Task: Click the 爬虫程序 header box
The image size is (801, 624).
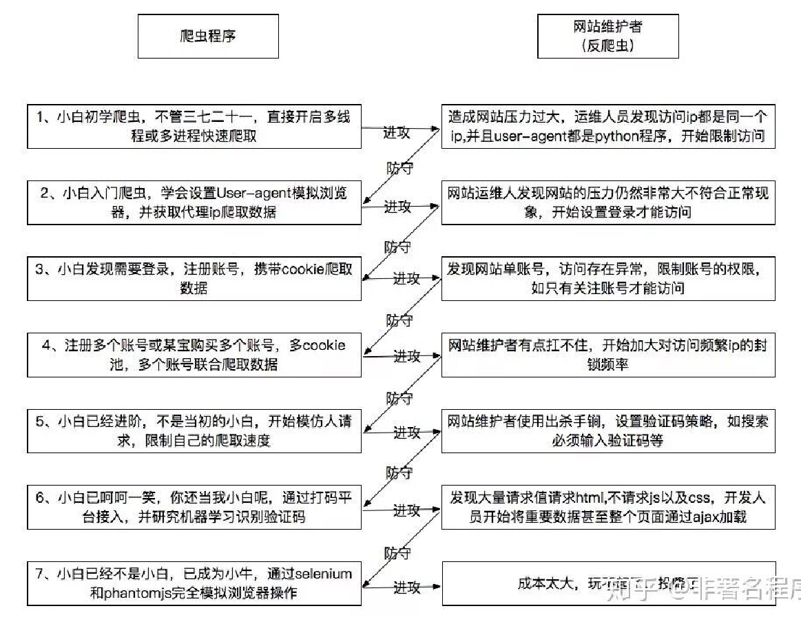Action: click(x=208, y=37)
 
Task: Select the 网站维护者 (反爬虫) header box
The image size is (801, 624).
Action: click(x=607, y=37)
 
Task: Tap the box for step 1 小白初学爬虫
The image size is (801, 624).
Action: click(x=194, y=127)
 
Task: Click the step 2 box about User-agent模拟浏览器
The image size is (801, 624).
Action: click(x=194, y=202)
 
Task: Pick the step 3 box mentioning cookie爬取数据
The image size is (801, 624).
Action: click(x=194, y=278)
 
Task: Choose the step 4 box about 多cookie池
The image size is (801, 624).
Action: click(x=194, y=355)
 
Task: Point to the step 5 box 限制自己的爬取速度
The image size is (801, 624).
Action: click(x=194, y=430)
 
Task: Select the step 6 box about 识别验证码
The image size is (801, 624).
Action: click(x=194, y=508)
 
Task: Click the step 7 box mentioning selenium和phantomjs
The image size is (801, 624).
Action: click(x=194, y=583)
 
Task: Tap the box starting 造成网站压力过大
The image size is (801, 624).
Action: click(x=607, y=127)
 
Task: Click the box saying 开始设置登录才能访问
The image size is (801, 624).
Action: click(x=607, y=202)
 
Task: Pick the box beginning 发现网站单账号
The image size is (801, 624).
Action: click(x=607, y=278)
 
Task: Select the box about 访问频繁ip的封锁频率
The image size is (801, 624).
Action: click(x=607, y=355)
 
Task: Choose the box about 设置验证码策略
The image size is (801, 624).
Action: click(x=607, y=430)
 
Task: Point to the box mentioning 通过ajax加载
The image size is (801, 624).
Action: click(x=607, y=508)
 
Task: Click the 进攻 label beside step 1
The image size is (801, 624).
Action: click(x=397, y=132)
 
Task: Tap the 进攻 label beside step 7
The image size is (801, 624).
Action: click(x=406, y=587)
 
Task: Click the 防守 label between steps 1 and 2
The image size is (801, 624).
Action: click(x=399, y=167)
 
